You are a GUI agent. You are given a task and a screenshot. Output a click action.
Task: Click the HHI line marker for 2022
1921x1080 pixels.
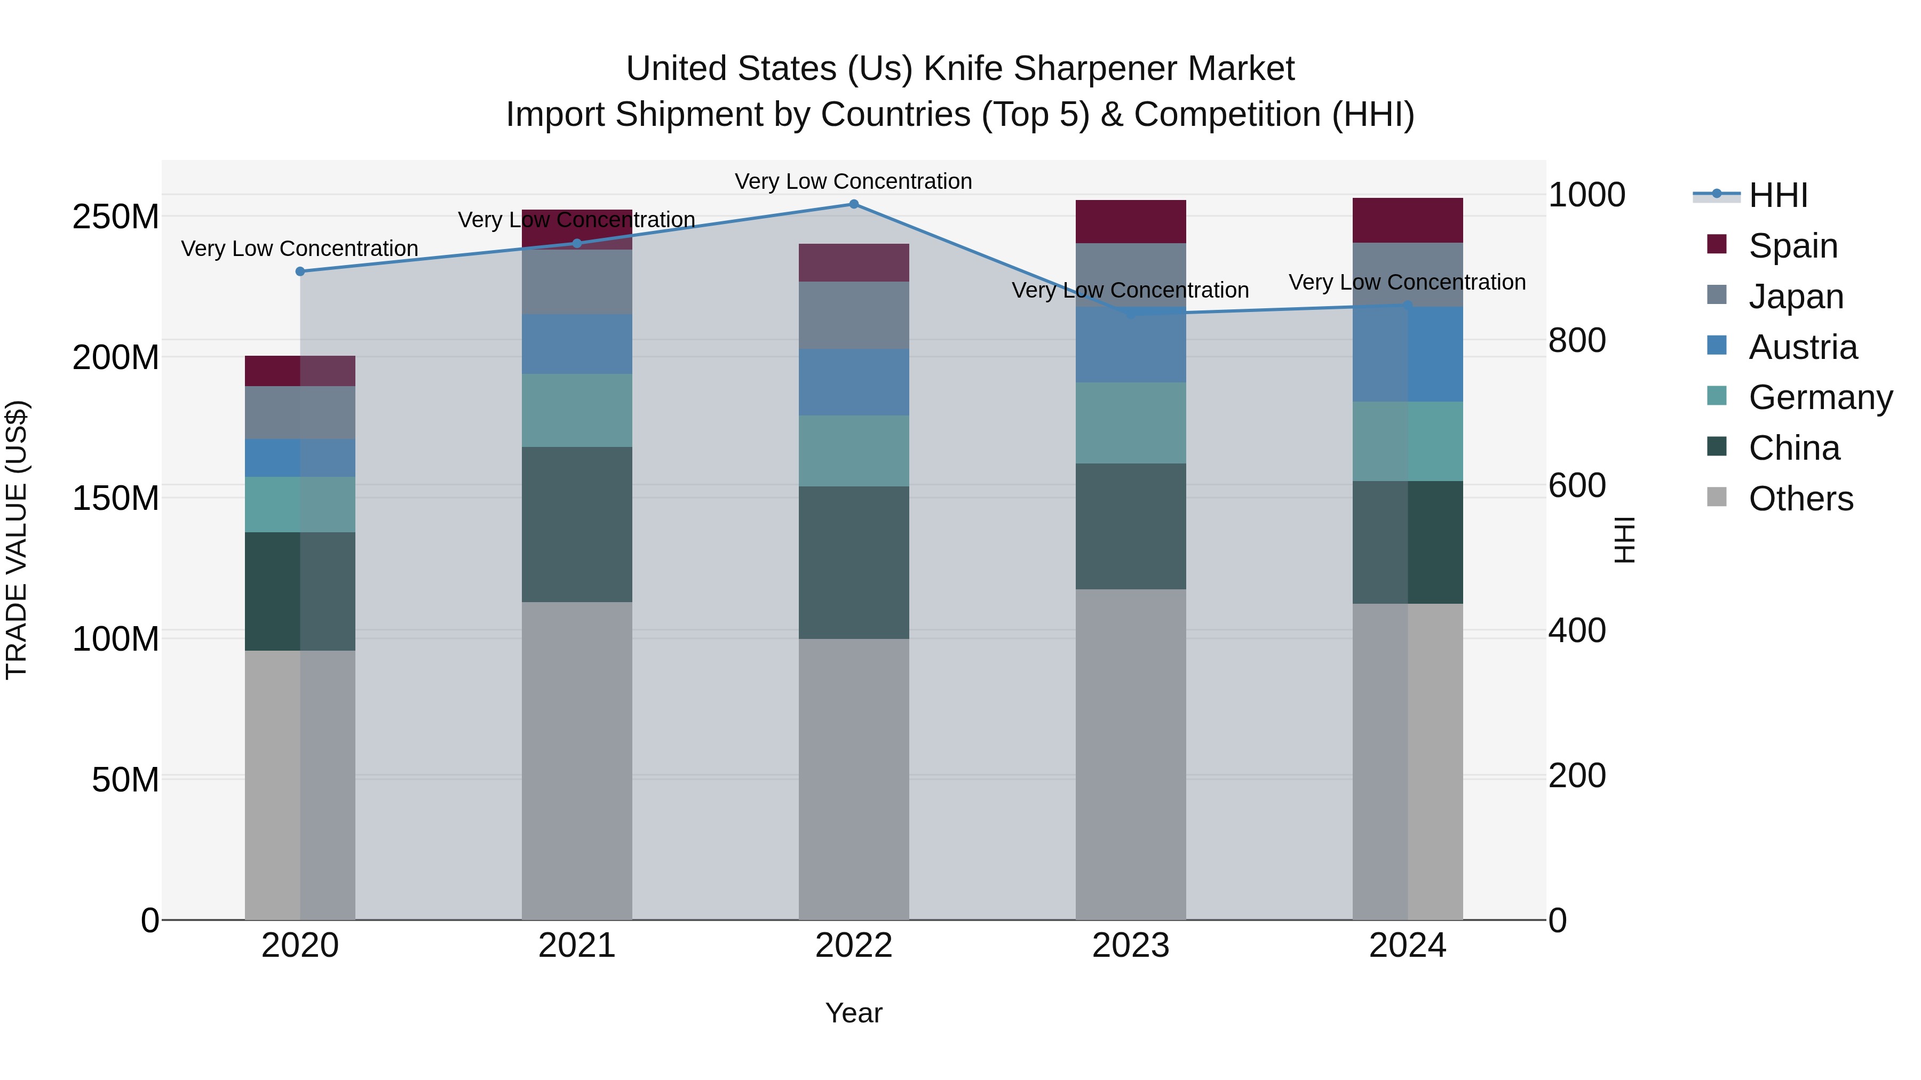(854, 204)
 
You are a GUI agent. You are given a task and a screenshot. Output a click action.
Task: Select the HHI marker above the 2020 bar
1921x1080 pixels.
(300, 271)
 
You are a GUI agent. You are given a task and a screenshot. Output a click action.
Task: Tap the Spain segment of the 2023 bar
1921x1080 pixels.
(1131, 221)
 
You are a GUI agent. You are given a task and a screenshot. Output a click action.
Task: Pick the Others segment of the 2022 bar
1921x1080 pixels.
(854, 779)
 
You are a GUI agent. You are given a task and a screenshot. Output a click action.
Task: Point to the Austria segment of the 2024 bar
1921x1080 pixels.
(1407, 354)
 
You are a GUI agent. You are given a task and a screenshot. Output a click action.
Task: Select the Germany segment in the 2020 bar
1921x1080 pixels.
(300, 505)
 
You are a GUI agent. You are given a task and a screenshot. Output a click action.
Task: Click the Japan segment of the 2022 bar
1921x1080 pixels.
(854, 315)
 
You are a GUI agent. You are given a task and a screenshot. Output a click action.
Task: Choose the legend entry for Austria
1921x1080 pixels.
(1803, 347)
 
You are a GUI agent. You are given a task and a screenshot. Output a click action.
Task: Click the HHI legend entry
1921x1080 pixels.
(1778, 195)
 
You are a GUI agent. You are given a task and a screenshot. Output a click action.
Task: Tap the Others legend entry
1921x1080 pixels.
(1800, 499)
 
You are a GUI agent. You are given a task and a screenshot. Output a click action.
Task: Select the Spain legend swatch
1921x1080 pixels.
(1717, 244)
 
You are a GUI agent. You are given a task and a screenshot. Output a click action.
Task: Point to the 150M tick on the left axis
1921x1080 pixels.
(116, 498)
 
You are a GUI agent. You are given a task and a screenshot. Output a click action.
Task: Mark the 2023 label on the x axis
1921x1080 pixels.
(1131, 946)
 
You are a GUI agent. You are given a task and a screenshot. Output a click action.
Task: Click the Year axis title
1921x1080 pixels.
(854, 1013)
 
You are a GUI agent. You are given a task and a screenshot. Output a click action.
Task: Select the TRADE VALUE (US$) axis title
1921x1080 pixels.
(17, 540)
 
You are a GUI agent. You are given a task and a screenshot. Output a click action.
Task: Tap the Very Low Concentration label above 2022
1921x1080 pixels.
(853, 181)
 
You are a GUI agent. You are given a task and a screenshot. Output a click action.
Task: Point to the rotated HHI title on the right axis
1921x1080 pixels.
(1623, 540)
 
